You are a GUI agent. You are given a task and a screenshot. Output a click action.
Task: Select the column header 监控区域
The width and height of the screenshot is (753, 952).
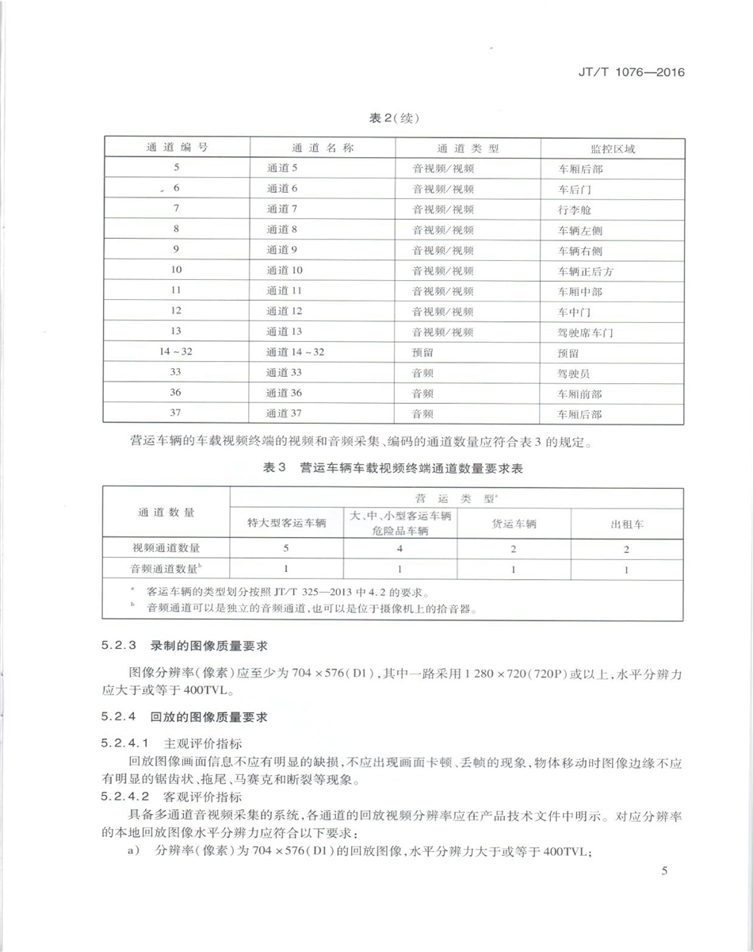[x=613, y=148]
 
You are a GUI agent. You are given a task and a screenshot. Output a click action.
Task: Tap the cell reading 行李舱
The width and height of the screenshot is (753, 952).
[x=575, y=209]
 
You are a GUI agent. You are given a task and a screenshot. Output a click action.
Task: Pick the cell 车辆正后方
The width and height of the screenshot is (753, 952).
[x=586, y=271]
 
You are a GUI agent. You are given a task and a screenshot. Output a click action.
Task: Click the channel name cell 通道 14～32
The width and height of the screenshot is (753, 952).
[x=295, y=352]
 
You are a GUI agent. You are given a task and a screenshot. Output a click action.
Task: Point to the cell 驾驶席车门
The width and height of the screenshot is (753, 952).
[x=586, y=332]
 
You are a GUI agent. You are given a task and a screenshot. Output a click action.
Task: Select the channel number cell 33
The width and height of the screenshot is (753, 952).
[x=176, y=373]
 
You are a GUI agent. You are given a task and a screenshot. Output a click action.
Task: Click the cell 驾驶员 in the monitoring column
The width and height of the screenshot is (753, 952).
[x=575, y=373]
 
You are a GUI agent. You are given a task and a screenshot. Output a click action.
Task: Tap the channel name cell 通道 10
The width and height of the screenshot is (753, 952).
[x=285, y=271]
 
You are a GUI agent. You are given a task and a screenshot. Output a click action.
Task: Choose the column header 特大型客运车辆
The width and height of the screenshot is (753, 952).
[x=287, y=524]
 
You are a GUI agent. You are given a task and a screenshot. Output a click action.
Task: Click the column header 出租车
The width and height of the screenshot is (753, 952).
[x=627, y=524]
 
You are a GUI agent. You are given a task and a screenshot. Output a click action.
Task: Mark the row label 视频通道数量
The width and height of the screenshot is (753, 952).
[x=166, y=548]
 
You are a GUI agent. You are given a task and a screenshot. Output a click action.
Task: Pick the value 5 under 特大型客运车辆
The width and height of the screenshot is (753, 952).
[x=286, y=548]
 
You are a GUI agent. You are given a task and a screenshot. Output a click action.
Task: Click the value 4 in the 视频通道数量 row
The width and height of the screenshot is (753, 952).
[x=400, y=548]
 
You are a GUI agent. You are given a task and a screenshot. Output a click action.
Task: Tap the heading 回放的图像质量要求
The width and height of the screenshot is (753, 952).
[x=209, y=718]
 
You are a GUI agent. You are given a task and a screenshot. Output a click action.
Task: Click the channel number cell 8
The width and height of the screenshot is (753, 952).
[x=176, y=230]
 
